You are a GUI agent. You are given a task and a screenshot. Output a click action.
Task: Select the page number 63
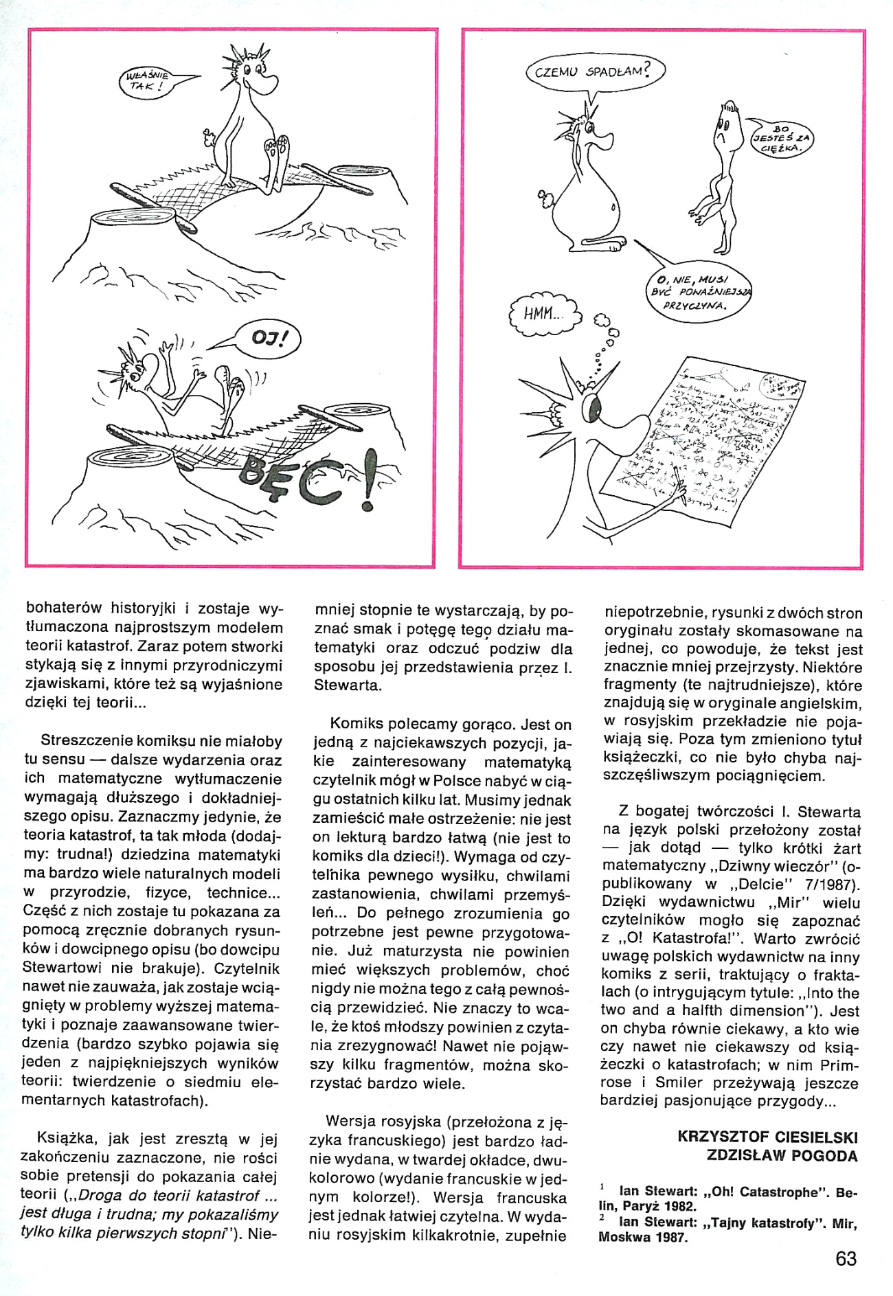(846, 1259)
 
